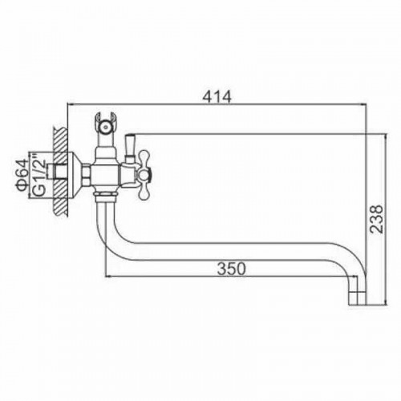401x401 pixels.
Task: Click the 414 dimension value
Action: point(217,96)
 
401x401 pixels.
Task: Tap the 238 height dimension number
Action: point(376,219)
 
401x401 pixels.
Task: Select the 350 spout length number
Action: point(231,269)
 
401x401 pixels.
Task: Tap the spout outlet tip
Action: point(357,299)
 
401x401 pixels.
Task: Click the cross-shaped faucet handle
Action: point(144,175)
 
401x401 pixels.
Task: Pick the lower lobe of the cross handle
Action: point(144,192)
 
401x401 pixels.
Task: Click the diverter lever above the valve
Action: point(130,148)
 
